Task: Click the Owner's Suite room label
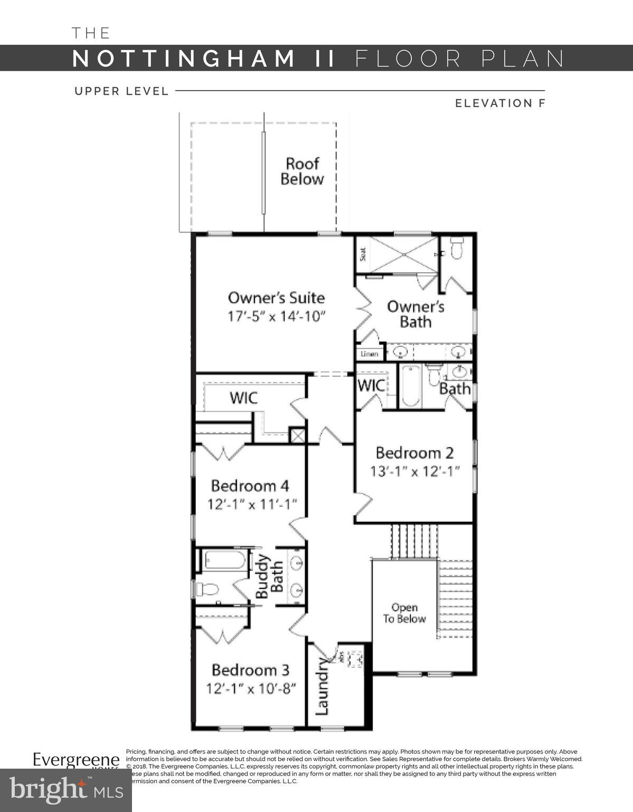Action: tap(276, 298)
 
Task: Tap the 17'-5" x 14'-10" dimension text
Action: tap(276, 316)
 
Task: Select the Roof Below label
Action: tap(302, 171)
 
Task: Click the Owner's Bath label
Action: tap(415, 314)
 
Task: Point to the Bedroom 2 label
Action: tap(414, 453)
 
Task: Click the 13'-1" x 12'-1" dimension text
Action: tap(414, 471)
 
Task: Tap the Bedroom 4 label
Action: tap(250, 486)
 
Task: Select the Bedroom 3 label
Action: tap(250, 670)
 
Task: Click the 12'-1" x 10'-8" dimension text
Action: tap(250, 689)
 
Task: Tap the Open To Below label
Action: tap(404, 613)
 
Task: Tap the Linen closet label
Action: tap(370, 354)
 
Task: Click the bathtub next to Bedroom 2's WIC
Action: tap(410, 386)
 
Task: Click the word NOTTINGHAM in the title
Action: tap(183, 58)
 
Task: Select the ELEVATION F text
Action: tap(499, 103)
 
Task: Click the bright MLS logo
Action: tap(66, 790)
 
